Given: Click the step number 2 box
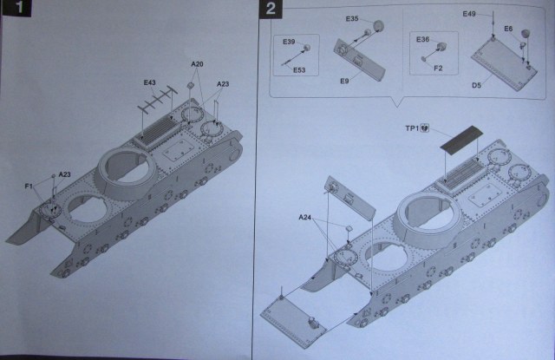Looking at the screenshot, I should point(271,11).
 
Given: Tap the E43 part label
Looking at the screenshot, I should point(150,83).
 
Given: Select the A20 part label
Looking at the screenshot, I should point(197,65).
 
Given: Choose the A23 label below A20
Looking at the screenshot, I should point(222,84).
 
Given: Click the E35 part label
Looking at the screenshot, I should point(352,19).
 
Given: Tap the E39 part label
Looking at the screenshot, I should point(290,43).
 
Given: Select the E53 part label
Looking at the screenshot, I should point(299,69).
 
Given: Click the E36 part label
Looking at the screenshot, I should point(423,39).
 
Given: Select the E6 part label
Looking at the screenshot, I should point(509,29).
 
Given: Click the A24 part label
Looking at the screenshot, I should point(306,216).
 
